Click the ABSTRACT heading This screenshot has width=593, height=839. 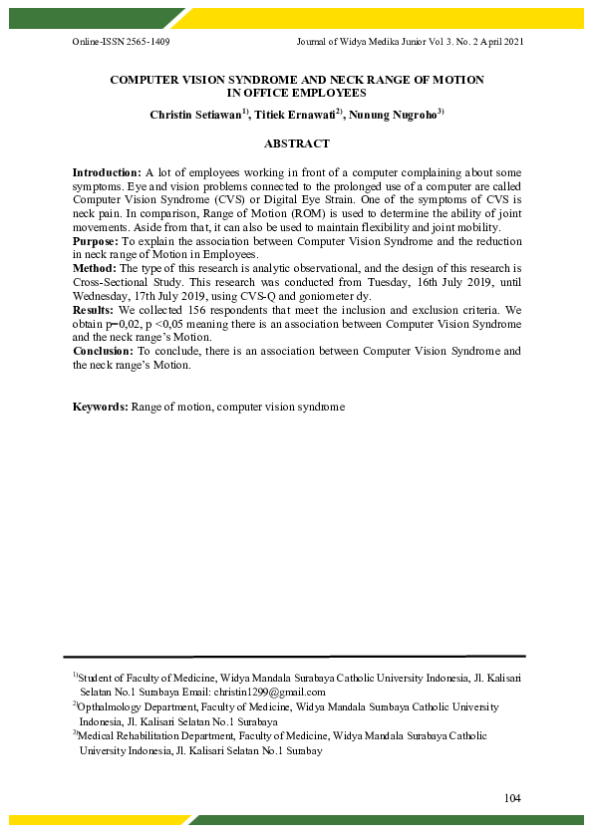(x=296, y=144)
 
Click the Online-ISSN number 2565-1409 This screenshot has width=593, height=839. (x=147, y=43)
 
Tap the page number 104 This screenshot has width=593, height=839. (x=513, y=798)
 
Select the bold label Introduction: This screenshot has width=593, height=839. (x=108, y=173)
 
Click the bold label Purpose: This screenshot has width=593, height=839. (x=96, y=241)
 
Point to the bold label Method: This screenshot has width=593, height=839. (x=95, y=269)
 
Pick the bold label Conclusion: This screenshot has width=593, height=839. (x=104, y=352)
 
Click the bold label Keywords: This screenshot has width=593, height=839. (x=101, y=407)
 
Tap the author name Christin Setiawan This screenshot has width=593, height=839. (x=194, y=116)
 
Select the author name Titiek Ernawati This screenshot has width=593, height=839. (x=294, y=116)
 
